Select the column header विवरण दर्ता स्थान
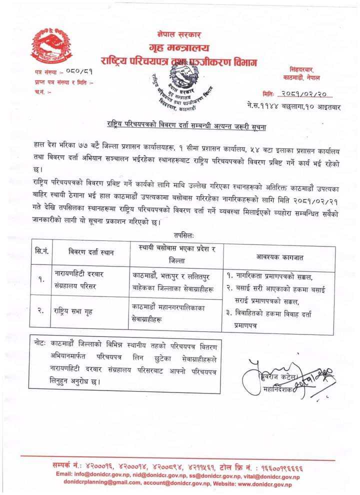[91, 252]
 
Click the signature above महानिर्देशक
[260, 367]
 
